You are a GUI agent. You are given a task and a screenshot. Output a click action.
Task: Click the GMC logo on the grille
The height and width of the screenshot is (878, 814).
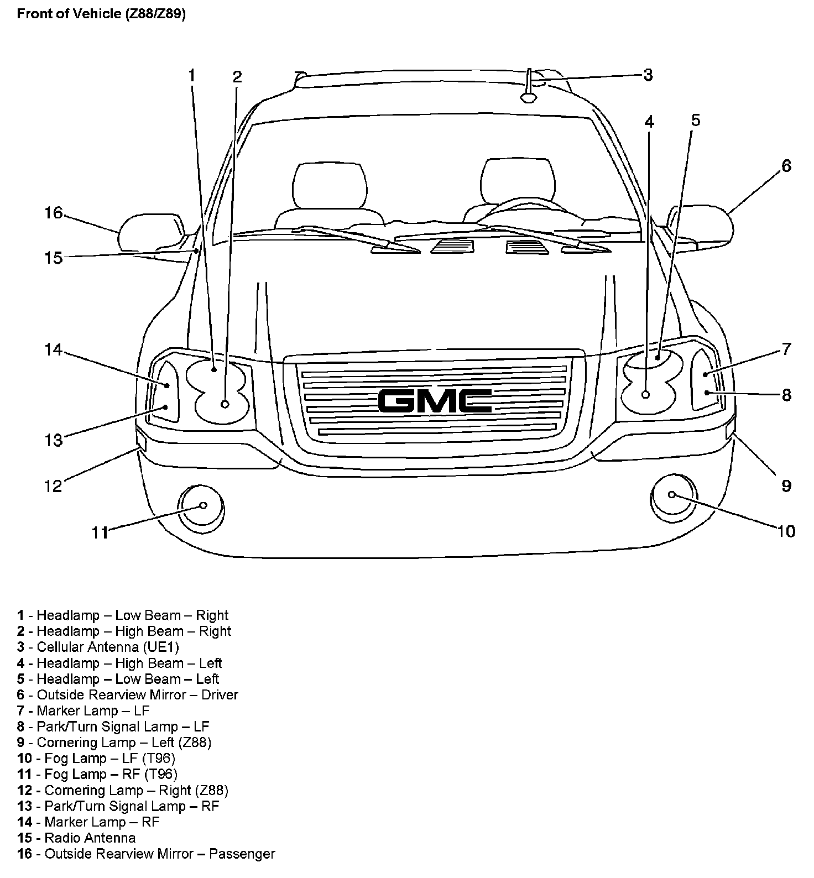click(x=435, y=401)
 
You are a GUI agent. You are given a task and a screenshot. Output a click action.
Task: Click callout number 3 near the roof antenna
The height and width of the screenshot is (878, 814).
click(x=648, y=75)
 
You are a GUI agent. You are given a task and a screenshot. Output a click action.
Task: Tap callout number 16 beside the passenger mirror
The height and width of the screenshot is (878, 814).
click(x=54, y=213)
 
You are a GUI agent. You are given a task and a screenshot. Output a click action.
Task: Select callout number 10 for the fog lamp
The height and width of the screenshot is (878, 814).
click(x=786, y=531)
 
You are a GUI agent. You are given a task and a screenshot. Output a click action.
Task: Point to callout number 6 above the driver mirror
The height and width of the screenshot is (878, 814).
click(x=786, y=166)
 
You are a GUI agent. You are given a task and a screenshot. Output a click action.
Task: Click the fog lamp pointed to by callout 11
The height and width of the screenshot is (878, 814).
click(x=202, y=506)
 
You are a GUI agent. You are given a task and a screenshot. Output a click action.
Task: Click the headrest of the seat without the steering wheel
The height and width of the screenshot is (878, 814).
click(x=330, y=185)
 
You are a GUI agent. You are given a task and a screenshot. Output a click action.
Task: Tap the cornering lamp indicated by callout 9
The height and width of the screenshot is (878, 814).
click(x=730, y=428)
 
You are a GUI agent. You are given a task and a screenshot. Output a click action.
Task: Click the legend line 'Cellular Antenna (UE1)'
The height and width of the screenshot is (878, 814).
click(x=98, y=647)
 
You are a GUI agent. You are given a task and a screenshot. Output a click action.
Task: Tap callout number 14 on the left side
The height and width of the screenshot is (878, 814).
click(x=54, y=350)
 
